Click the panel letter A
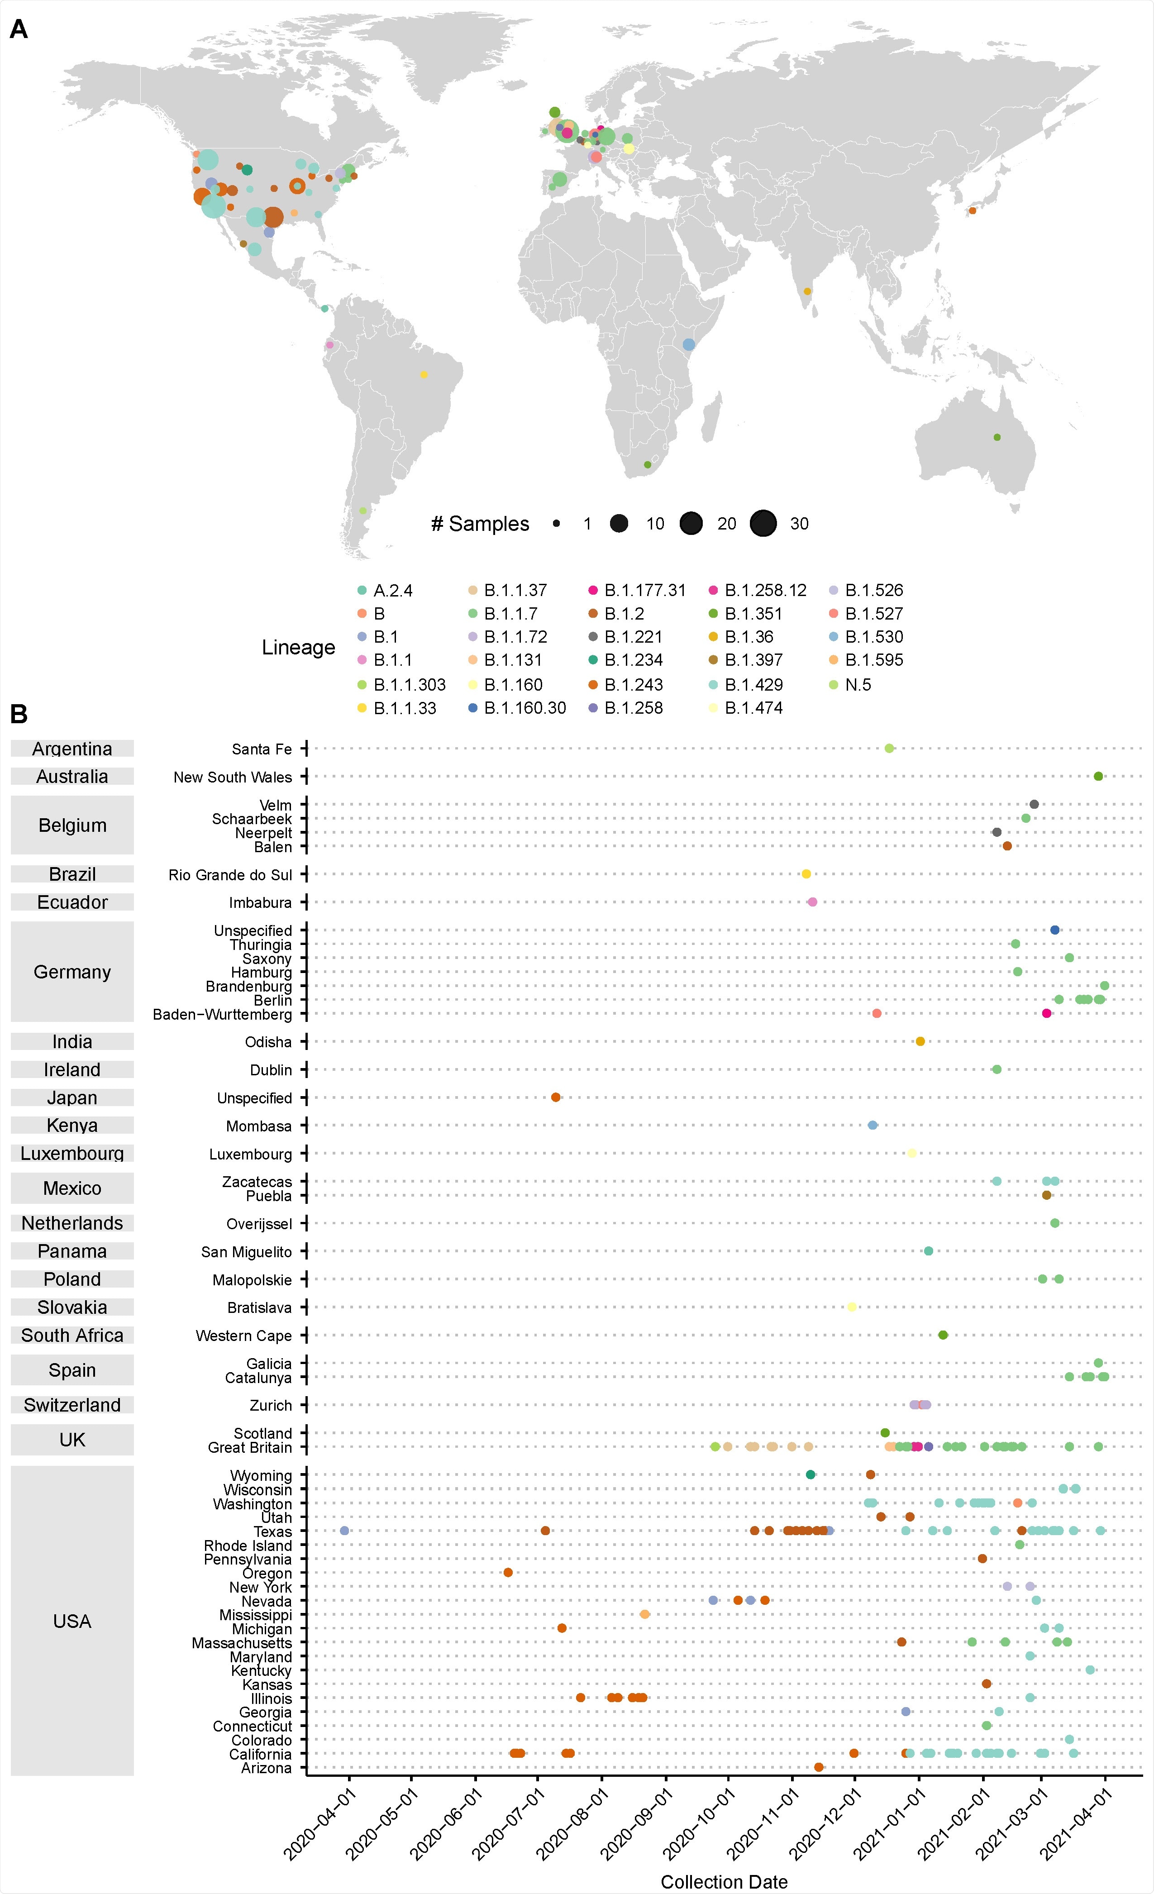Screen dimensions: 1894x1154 [x=19, y=29]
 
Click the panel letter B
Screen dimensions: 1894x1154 [x=19, y=714]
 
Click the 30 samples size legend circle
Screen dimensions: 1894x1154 [x=763, y=524]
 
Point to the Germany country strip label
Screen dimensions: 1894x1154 [x=72, y=972]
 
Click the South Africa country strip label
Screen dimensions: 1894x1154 [x=72, y=1335]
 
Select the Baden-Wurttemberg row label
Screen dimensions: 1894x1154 [x=222, y=1015]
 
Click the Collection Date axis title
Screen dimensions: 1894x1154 [x=724, y=1882]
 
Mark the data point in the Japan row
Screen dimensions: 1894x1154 [x=556, y=1097]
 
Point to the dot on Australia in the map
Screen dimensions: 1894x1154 [x=997, y=437]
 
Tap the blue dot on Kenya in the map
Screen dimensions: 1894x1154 [x=689, y=344]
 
